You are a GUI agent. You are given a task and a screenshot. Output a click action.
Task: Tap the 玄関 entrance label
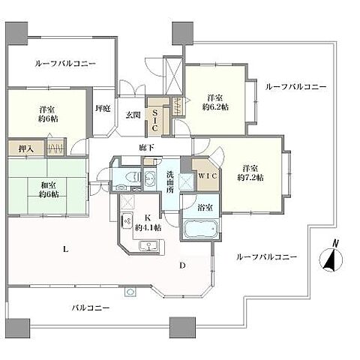(133, 114)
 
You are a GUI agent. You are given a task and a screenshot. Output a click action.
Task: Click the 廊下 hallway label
(146, 147)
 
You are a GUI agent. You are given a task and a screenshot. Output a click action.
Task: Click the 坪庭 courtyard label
(103, 109)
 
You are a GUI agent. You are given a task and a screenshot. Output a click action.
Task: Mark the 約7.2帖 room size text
(250, 177)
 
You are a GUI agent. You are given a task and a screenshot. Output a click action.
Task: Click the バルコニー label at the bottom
(92, 307)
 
